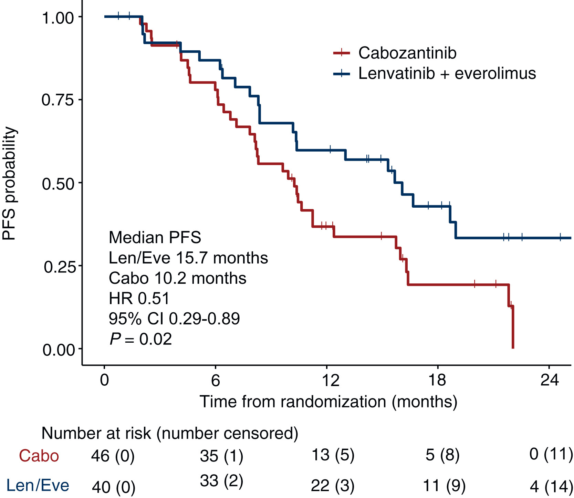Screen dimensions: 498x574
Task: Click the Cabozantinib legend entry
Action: [407, 53]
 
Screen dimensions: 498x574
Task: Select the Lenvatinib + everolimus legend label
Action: [447, 73]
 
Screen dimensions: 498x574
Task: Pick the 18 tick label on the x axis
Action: [437, 380]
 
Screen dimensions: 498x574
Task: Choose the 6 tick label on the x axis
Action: [215, 380]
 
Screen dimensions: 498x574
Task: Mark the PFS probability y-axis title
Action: [9, 183]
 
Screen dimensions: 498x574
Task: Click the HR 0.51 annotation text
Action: [139, 299]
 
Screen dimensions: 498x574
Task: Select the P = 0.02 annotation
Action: [140, 339]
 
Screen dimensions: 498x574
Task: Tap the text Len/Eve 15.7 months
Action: [188, 258]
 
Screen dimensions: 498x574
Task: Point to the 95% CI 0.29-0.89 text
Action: [174, 319]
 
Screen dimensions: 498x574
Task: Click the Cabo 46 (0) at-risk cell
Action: [113, 456]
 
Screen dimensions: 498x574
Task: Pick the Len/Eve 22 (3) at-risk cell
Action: [333, 486]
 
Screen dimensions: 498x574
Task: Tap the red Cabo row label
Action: [39, 456]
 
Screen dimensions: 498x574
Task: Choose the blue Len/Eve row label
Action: [38, 486]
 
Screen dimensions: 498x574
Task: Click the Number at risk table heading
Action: [170, 433]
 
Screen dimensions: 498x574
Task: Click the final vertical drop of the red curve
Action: [513, 327]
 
